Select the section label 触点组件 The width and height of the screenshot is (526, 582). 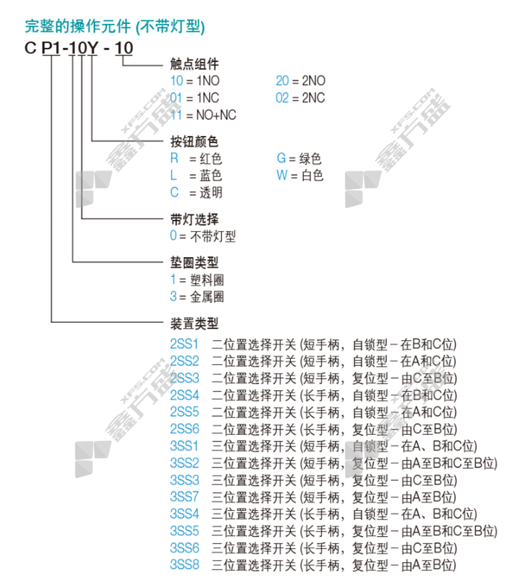click(x=194, y=65)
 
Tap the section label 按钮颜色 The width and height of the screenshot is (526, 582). click(x=194, y=142)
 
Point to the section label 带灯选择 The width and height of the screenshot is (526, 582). click(x=194, y=219)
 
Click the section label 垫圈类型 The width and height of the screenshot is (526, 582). click(x=194, y=262)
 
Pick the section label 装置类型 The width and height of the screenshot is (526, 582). click(x=194, y=324)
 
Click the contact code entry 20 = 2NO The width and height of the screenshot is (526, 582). click(x=301, y=81)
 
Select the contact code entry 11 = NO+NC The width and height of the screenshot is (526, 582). click(x=203, y=115)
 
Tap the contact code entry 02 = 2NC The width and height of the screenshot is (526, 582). click(x=301, y=98)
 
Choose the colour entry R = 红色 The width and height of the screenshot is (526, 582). click(x=196, y=159)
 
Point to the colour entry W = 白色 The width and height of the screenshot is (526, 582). click(x=300, y=176)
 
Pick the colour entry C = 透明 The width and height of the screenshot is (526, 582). click(x=196, y=193)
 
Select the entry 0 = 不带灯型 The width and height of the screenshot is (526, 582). click(x=203, y=236)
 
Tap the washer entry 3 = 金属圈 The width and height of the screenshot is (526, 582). click(x=196, y=297)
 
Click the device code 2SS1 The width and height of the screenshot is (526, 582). click(x=184, y=344)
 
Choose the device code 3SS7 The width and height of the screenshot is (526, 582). click(x=184, y=496)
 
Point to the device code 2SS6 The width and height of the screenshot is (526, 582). click(x=184, y=429)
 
